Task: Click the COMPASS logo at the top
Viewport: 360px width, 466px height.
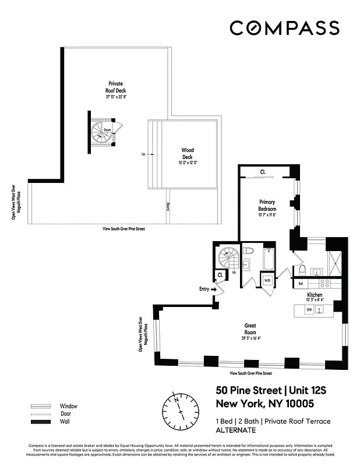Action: click(284, 28)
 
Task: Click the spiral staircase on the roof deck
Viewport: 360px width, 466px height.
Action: click(104, 133)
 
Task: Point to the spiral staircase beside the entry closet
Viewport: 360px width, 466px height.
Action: click(227, 258)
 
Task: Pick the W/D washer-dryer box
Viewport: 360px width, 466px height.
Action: click(267, 281)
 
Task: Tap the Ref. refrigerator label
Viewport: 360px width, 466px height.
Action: click(301, 284)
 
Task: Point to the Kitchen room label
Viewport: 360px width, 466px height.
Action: click(315, 296)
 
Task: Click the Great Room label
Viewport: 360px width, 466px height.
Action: click(250, 329)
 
